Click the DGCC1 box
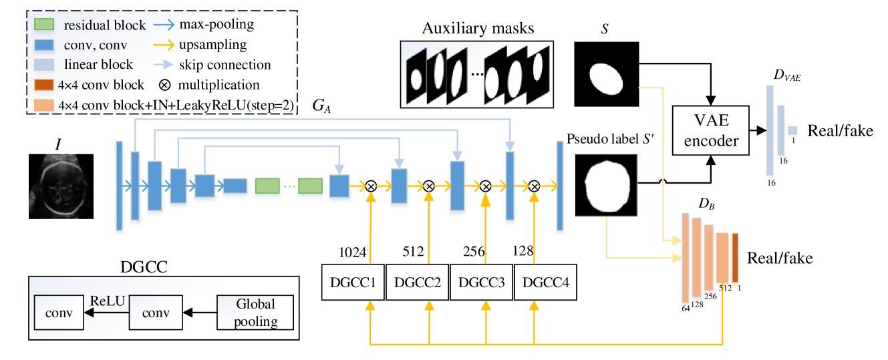[352, 281]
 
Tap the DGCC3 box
[480, 281]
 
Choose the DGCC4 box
[545, 281]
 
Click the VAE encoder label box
[710, 130]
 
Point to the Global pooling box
[255, 312]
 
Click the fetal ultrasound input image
[56, 185]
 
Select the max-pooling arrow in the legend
[164, 25]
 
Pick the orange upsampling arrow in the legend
[164, 45]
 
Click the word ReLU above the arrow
[108, 301]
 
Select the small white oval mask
[606, 79]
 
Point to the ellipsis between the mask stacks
[477, 73]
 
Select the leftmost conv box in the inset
[58, 312]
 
